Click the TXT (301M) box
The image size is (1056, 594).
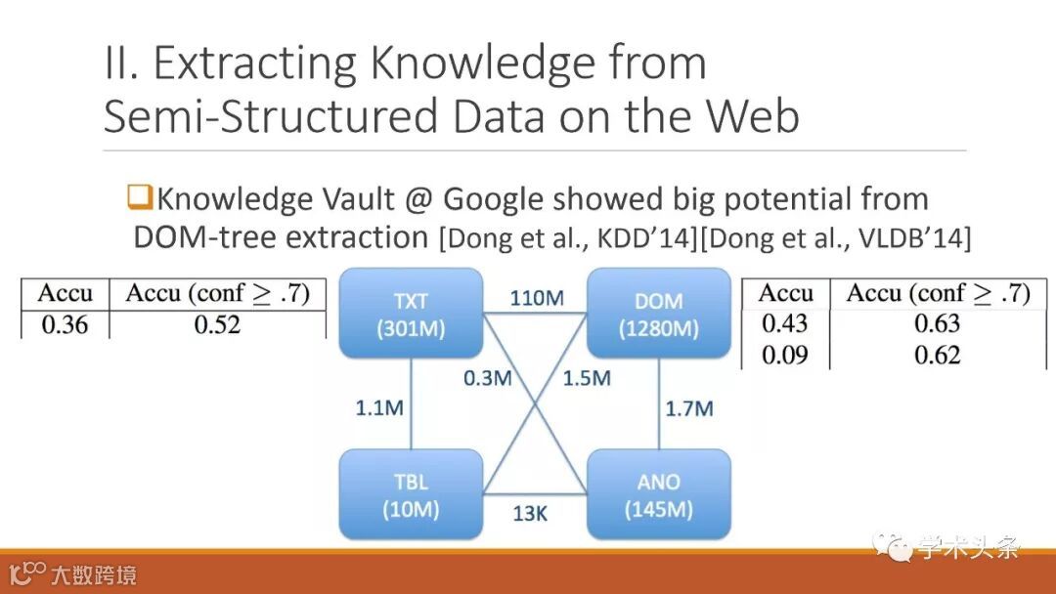click(x=411, y=314)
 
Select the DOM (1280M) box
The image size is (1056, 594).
click(x=658, y=314)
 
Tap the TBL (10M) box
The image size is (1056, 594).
click(x=411, y=494)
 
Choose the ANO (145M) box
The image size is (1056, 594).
click(x=658, y=494)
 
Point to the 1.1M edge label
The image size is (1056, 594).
click(x=378, y=408)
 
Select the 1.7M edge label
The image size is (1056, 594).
click(x=688, y=408)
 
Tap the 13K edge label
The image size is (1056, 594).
click(x=530, y=513)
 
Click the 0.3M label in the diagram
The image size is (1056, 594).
click(x=488, y=378)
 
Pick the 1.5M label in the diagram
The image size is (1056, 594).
click(x=586, y=378)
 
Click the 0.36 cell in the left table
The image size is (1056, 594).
click(x=65, y=325)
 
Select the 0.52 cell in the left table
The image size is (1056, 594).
click(x=217, y=325)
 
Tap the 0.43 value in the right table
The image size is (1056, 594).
click(x=785, y=323)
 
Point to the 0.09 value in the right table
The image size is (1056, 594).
click(x=785, y=355)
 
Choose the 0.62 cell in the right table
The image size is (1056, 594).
click(x=937, y=355)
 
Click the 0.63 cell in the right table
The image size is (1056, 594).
click(x=937, y=323)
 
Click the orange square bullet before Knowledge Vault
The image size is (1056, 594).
click(x=141, y=198)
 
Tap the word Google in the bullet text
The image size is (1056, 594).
click(x=494, y=199)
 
